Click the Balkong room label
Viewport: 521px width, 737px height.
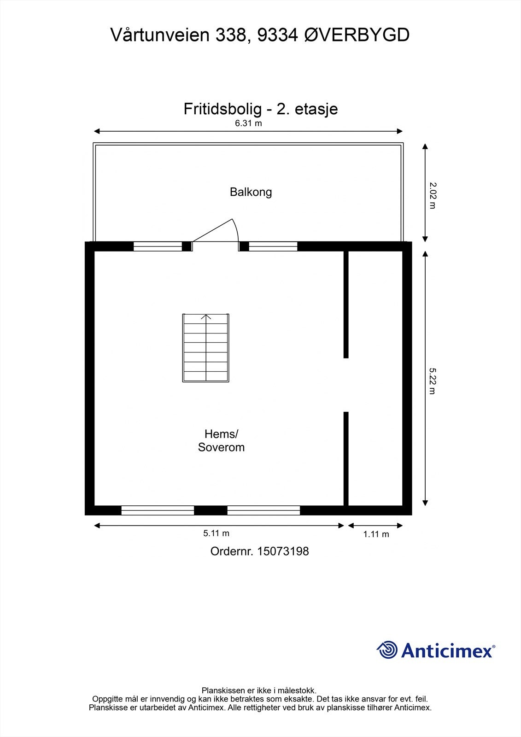(251, 192)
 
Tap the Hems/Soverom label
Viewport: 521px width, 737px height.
(221, 441)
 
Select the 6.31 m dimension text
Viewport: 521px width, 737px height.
(248, 123)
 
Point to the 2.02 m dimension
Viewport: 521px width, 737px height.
(433, 196)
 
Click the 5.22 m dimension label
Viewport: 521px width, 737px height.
(433, 380)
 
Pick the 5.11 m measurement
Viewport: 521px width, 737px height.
(216, 533)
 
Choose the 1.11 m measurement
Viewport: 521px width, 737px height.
(376, 534)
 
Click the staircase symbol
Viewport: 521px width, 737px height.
(206, 348)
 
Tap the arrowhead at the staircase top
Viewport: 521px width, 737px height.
(206, 316)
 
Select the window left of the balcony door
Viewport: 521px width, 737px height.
(158, 246)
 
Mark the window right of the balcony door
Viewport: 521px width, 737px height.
(273, 246)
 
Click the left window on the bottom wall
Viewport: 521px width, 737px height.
(158, 510)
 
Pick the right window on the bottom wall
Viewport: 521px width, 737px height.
(263, 510)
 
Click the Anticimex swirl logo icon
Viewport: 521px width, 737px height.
(387, 650)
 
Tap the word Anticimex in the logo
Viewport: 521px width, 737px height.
(447, 651)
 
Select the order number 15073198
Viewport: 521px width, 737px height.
(283, 551)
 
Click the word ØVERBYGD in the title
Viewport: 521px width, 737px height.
(357, 35)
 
